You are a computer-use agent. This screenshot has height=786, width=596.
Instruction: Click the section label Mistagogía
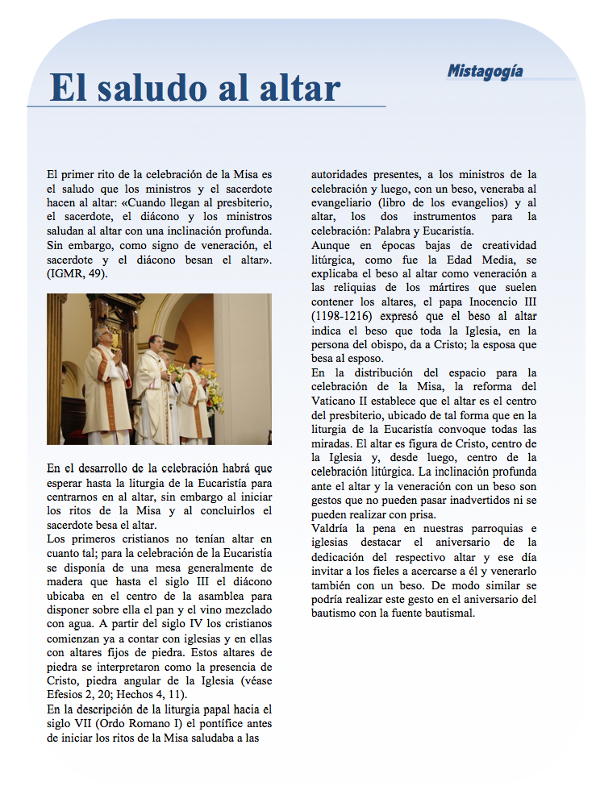pos(485,72)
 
